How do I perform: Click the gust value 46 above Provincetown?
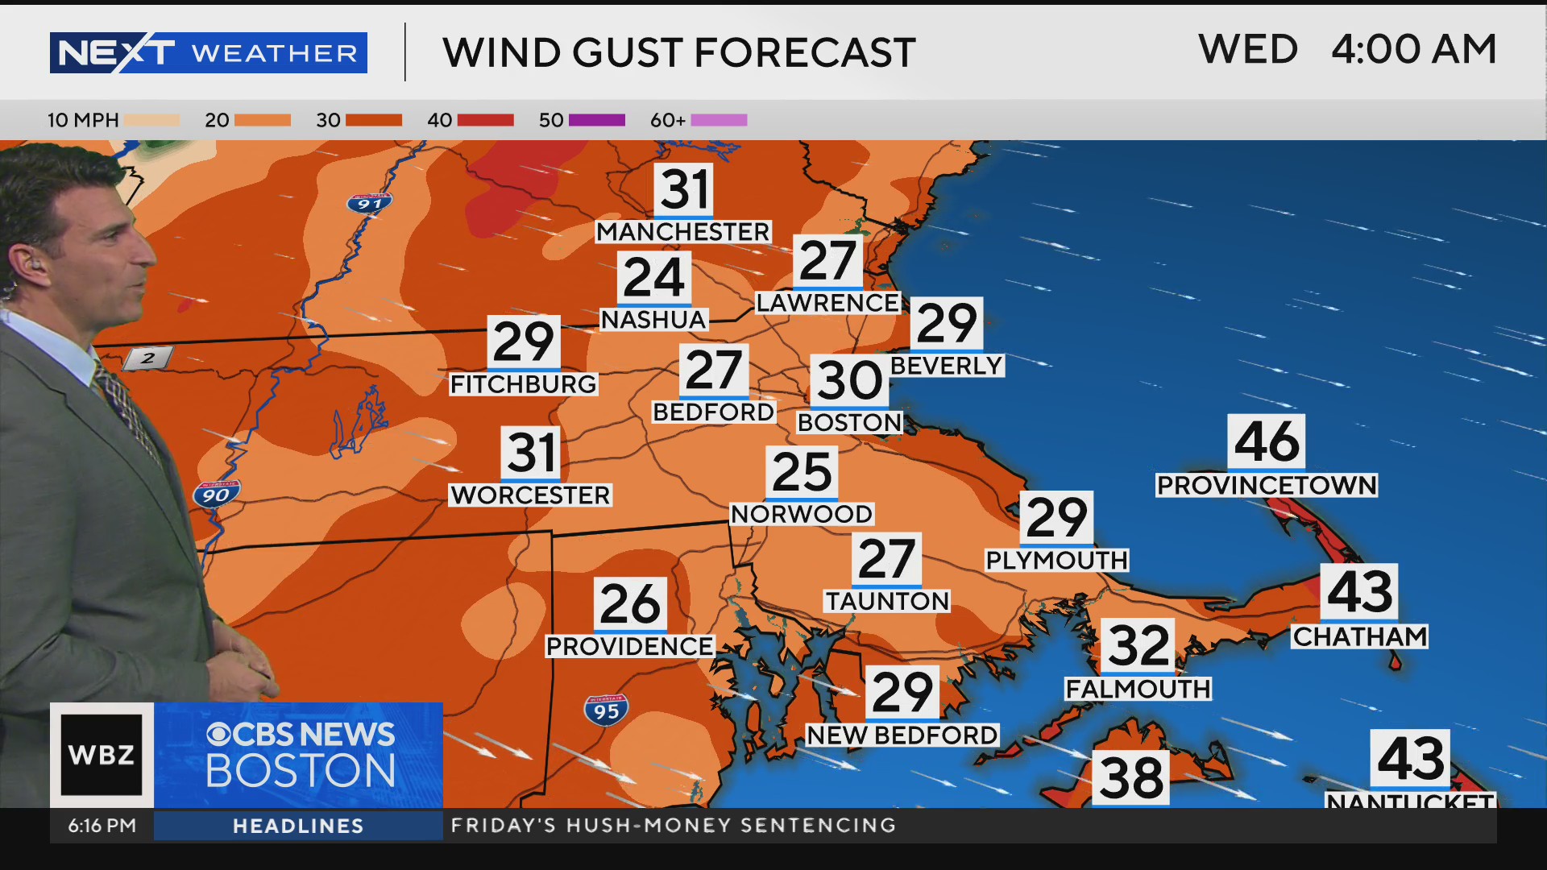point(1267,441)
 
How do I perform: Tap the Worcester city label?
point(530,495)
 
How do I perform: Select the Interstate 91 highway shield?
point(369,203)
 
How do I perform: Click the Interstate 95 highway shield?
point(606,710)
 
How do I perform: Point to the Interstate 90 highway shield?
point(216,495)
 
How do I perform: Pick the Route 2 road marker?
point(148,358)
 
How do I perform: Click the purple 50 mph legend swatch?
point(596,120)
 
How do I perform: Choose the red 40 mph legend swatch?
point(485,120)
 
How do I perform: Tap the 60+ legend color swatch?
point(719,120)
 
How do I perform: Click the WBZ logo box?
point(102,755)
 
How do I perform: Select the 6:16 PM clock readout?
point(102,826)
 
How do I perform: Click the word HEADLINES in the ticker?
point(298,826)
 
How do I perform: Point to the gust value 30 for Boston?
point(849,380)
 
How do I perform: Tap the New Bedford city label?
point(902,735)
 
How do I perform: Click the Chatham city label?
point(1359,636)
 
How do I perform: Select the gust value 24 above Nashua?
point(653,278)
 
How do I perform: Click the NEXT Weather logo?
point(208,53)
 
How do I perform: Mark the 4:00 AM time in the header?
point(1413,50)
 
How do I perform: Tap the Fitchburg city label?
point(523,384)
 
